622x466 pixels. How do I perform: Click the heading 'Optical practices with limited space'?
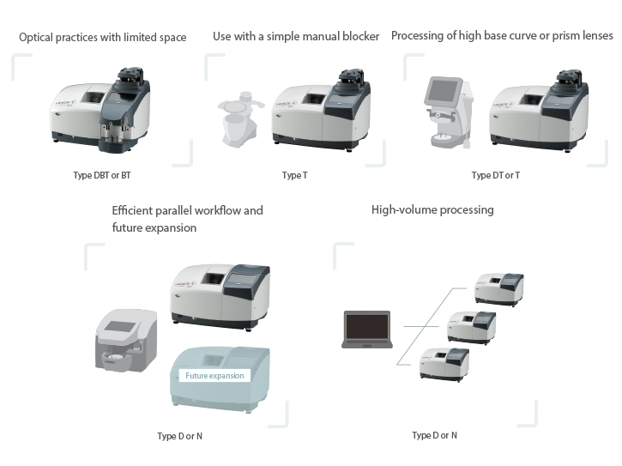tap(102, 38)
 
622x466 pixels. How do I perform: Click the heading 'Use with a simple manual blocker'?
tap(296, 36)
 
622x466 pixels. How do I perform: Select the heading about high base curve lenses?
tap(502, 36)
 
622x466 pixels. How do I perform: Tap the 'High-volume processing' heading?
tap(432, 209)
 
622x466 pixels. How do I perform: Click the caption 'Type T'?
tap(293, 175)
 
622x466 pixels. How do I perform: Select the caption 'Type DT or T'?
tap(495, 175)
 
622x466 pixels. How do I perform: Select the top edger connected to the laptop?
tap(498, 288)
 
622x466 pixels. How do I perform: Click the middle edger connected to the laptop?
tap(472, 326)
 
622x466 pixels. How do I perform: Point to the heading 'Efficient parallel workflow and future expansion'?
tap(187, 219)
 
